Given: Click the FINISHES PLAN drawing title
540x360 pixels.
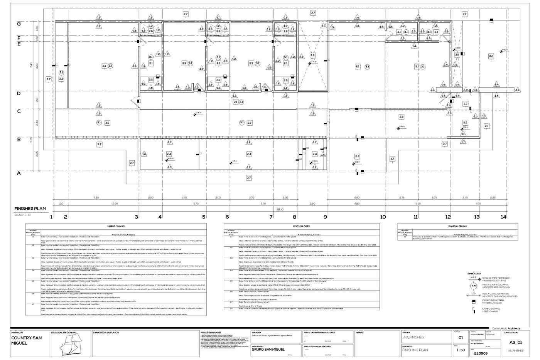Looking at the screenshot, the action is (x=30, y=209).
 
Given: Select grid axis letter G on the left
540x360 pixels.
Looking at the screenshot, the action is (x=18, y=23).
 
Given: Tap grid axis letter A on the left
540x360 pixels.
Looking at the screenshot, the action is (x=18, y=173).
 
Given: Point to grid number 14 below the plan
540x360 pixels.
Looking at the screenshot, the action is (x=503, y=217).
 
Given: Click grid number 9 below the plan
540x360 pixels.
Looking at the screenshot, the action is (x=325, y=217).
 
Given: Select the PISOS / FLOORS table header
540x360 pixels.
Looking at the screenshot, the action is (x=302, y=226).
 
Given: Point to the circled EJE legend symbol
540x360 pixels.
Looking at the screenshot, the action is (x=473, y=286).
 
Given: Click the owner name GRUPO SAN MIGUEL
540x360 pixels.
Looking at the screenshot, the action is (x=268, y=350).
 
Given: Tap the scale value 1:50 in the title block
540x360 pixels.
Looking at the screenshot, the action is (x=460, y=350).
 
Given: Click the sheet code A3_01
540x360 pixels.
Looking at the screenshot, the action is (x=515, y=342).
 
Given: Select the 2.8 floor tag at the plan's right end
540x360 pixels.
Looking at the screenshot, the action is (x=491, y=57).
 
